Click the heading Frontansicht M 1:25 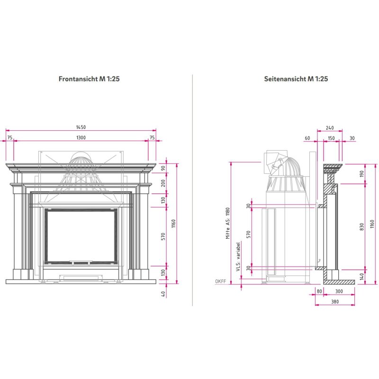coord(89,79)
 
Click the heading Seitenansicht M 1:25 coord(296,79)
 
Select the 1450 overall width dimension coord(81,127)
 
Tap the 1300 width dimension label coord(81,137)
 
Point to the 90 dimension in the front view coord(163,168)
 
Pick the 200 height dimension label coord(163,183)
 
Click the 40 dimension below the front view coord(163,294)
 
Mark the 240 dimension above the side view coord(330,128)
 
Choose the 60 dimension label coord(307,138)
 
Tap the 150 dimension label coord(331,138)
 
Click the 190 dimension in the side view coord(361,173)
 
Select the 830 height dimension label coord(361,226)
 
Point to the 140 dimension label coord(361,276)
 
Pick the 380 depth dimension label coord(335,301)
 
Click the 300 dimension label coord(339,291)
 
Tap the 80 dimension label coord(319,291)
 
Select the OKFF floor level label coord(220,281)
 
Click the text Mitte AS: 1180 coord(228,223)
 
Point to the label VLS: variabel coord(238,257)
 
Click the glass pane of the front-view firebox coord(81,236)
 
